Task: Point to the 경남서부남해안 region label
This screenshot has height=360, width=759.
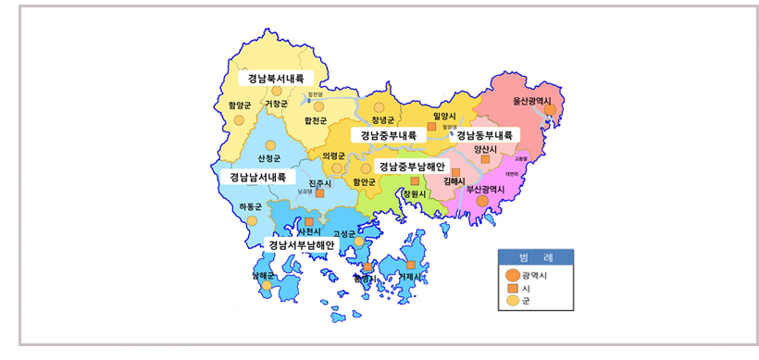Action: point(302,245)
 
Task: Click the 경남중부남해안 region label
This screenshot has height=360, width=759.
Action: point(413,167)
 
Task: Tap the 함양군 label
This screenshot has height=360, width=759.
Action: point(240,106)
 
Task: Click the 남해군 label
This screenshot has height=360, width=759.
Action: point(263,275)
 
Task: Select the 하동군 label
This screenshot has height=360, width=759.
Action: point(251,206)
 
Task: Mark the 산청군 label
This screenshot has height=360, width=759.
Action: point(269,159)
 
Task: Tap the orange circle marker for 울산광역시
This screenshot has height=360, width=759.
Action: point(551,109)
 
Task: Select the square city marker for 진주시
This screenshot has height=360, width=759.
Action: point(319,193)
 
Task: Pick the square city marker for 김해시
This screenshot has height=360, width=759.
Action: point(455,172)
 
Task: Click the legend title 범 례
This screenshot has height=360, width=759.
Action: point(536,256)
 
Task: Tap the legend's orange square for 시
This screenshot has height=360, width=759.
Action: point(513,289)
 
